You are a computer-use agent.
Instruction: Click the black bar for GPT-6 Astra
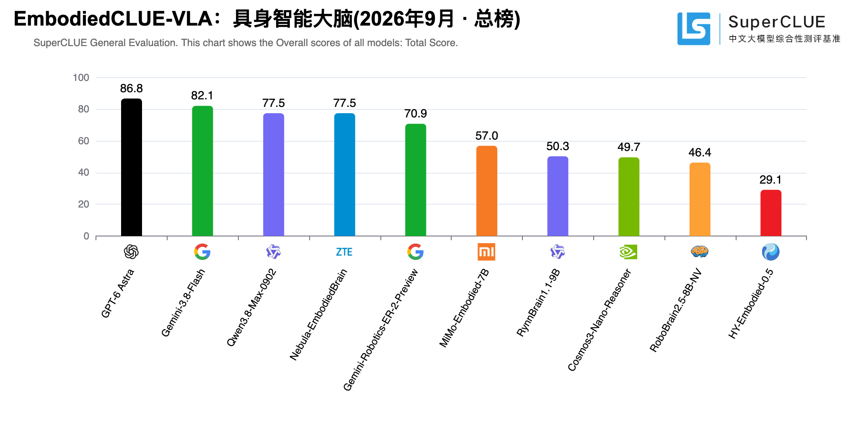point(131,167)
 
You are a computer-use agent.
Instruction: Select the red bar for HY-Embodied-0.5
point(771,213)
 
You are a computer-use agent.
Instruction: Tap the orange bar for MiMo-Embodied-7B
point(487,191)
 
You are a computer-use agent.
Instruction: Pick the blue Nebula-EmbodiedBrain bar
point(344,174)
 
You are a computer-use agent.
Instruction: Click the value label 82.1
point(202,96)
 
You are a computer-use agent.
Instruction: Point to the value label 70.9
point(416,114)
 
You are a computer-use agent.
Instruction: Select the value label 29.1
point(770,180)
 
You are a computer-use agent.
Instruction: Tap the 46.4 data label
point(700,153)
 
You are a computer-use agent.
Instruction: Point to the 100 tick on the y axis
point(81,78)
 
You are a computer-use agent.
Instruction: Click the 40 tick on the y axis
point(83,172)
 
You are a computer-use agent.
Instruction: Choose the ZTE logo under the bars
point(344,252)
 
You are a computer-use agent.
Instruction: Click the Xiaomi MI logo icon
point(486,252)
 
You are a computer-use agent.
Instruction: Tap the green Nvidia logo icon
point(628,252)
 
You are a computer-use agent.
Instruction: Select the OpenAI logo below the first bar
point(131,252)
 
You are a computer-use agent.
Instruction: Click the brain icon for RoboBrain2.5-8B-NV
point(700,252)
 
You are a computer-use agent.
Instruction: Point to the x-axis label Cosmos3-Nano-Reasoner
point(600,320)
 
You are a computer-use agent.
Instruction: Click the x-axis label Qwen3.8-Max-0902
point(252,308)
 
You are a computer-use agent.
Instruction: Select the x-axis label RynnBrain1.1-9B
point(538,303)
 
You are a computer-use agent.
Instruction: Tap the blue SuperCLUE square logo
point(694,29)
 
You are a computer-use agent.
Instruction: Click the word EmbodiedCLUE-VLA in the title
point(113,19)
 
